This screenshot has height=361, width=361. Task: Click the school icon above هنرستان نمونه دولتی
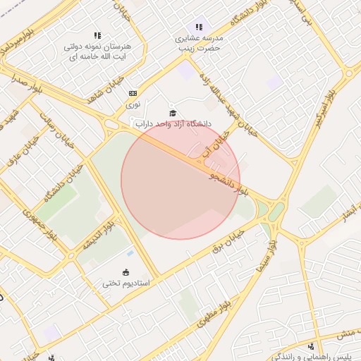pos(97,35)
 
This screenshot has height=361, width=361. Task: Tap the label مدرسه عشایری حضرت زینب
pos(199,44)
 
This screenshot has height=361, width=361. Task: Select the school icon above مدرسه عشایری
pos(198,27)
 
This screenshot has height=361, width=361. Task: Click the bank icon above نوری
pos(132,93)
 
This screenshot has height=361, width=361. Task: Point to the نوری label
pos(133,104)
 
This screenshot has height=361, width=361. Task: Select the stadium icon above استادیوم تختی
pos(126,272)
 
